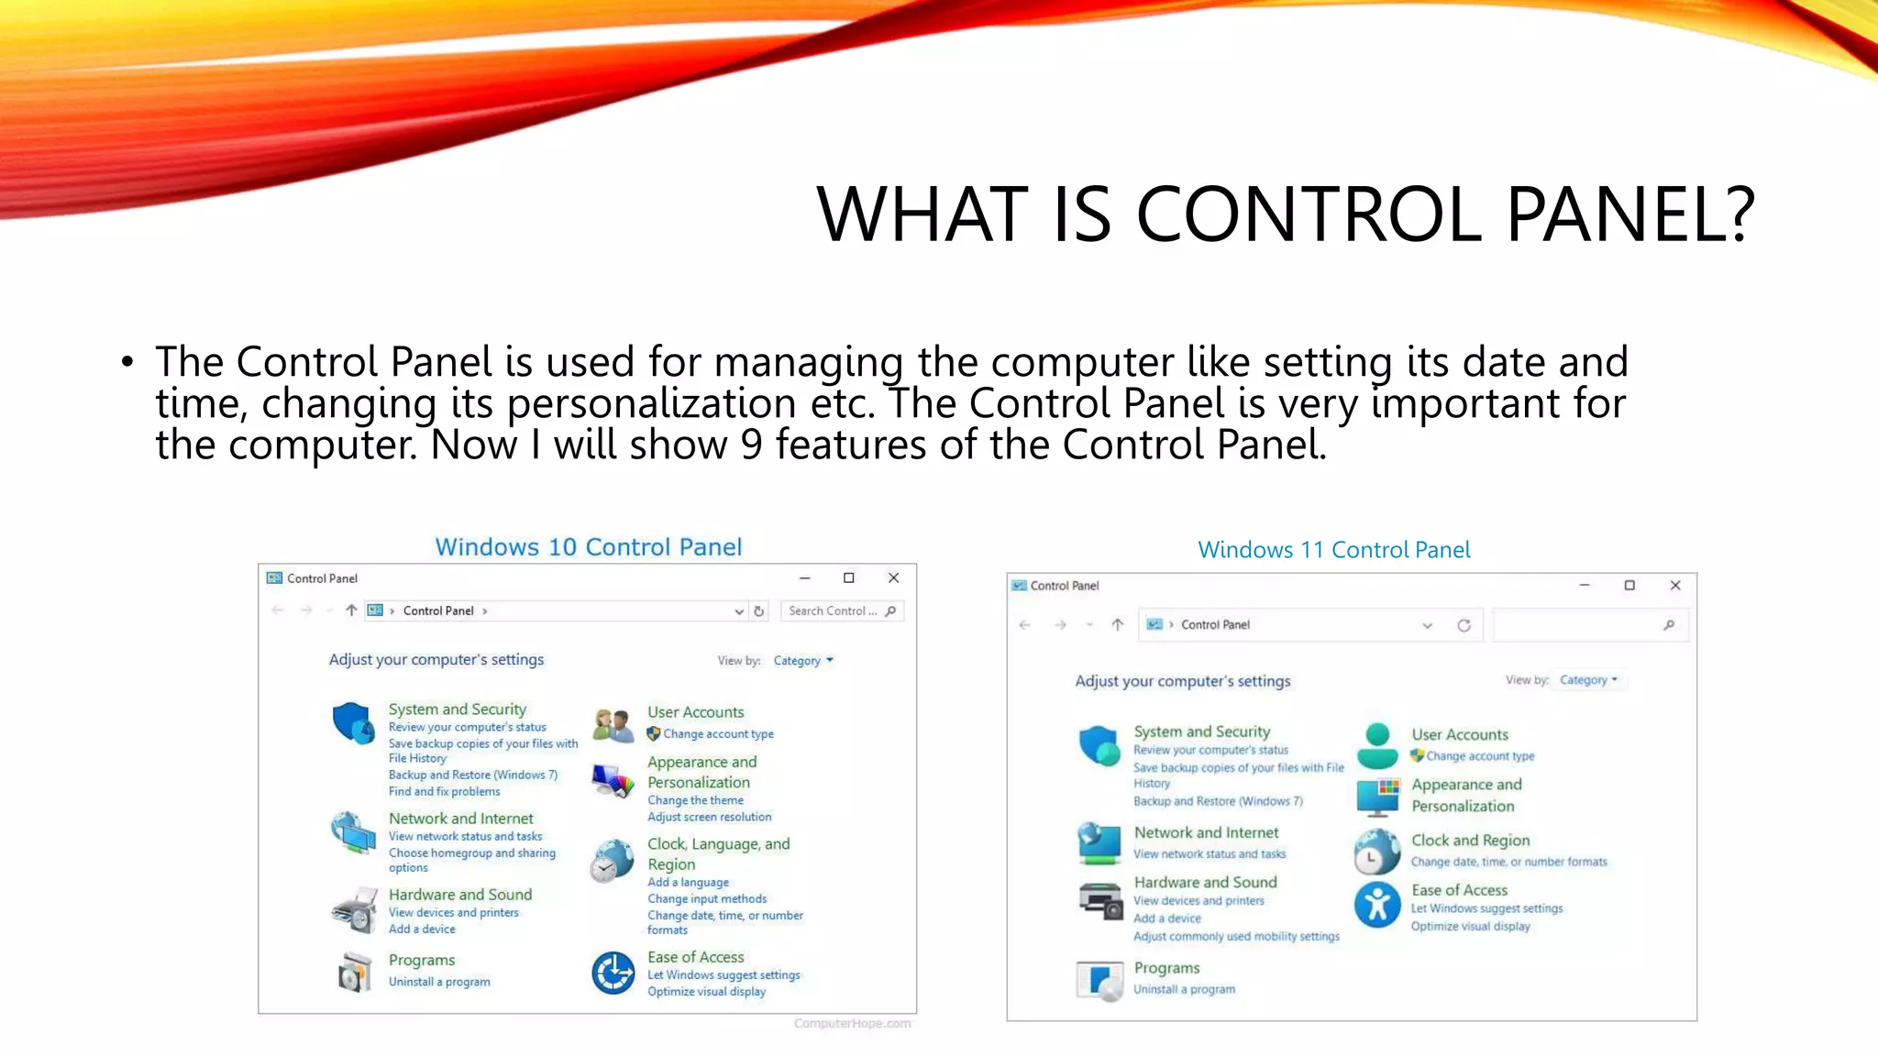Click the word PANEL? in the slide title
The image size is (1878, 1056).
(x=1630, y=214)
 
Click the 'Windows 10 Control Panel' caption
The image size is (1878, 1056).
(x=588, y=547)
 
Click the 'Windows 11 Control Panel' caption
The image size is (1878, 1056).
(x=1333, y=550)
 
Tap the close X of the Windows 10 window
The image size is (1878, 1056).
(x=893, y=577)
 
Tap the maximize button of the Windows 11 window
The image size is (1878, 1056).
(x=1629, y=585)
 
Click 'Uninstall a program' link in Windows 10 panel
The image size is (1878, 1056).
(x=439, y=982)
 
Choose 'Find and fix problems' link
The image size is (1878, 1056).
(x=444, y=791)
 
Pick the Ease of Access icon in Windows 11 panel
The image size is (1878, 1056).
(x=1377, y=906)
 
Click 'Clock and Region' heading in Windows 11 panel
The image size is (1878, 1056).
(x=1470, y=841)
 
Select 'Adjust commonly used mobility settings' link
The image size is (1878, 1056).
(x=1236, y=936)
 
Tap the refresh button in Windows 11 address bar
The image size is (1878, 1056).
(x=1464, y=625)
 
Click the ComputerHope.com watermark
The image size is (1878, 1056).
(x=852, y=1023)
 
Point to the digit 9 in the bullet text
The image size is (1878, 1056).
(x=751, y=445)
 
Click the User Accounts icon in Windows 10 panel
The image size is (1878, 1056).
(x=613, y=724)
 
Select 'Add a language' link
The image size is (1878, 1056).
(x=688, y=882)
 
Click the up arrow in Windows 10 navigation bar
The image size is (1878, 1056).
(x=351, y=610)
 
